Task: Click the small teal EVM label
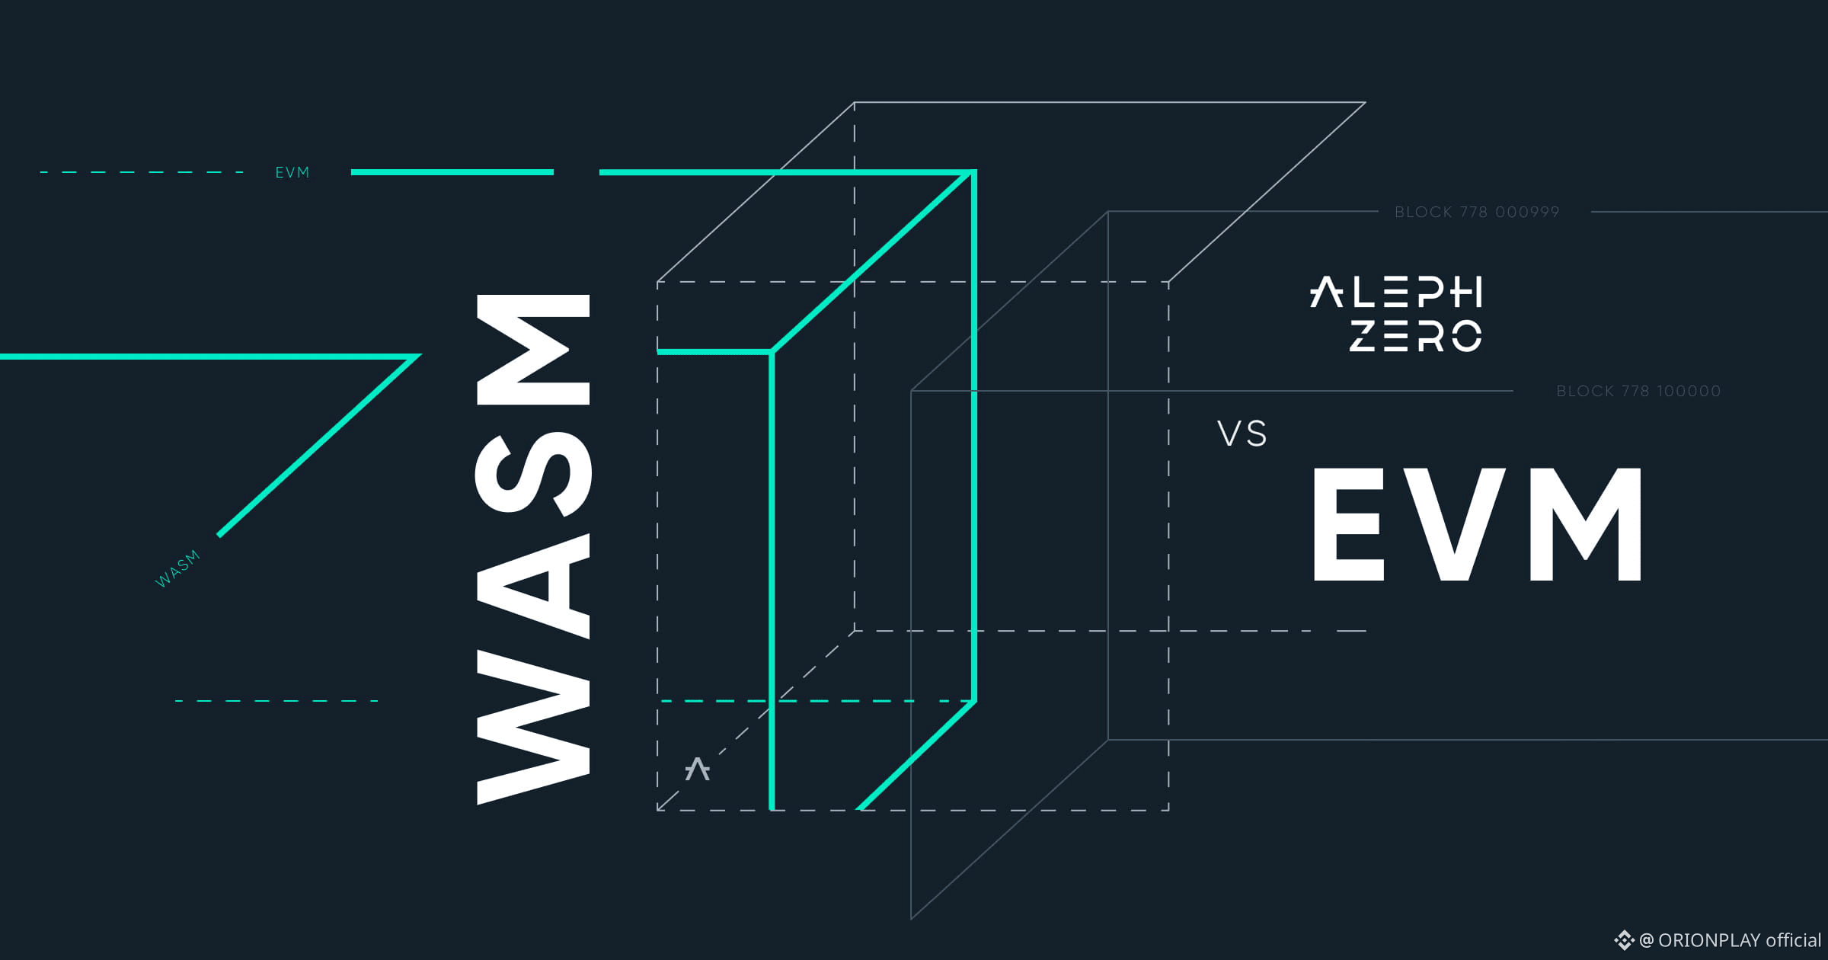292,173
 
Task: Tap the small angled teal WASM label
177,568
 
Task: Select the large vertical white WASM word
533,549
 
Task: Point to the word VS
1242,434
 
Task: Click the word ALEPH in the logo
1395,292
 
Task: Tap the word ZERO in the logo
1416,336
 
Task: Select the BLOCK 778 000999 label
1477,212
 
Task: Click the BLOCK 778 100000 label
1638,391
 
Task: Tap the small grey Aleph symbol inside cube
697,769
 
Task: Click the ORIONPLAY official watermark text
1731,940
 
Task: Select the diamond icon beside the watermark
1624,940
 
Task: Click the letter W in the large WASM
533,728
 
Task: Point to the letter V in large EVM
1455,524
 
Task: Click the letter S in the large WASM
533,473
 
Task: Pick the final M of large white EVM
1586,524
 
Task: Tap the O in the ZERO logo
1466,336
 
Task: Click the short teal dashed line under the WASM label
276,701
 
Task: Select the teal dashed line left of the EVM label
142,173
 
